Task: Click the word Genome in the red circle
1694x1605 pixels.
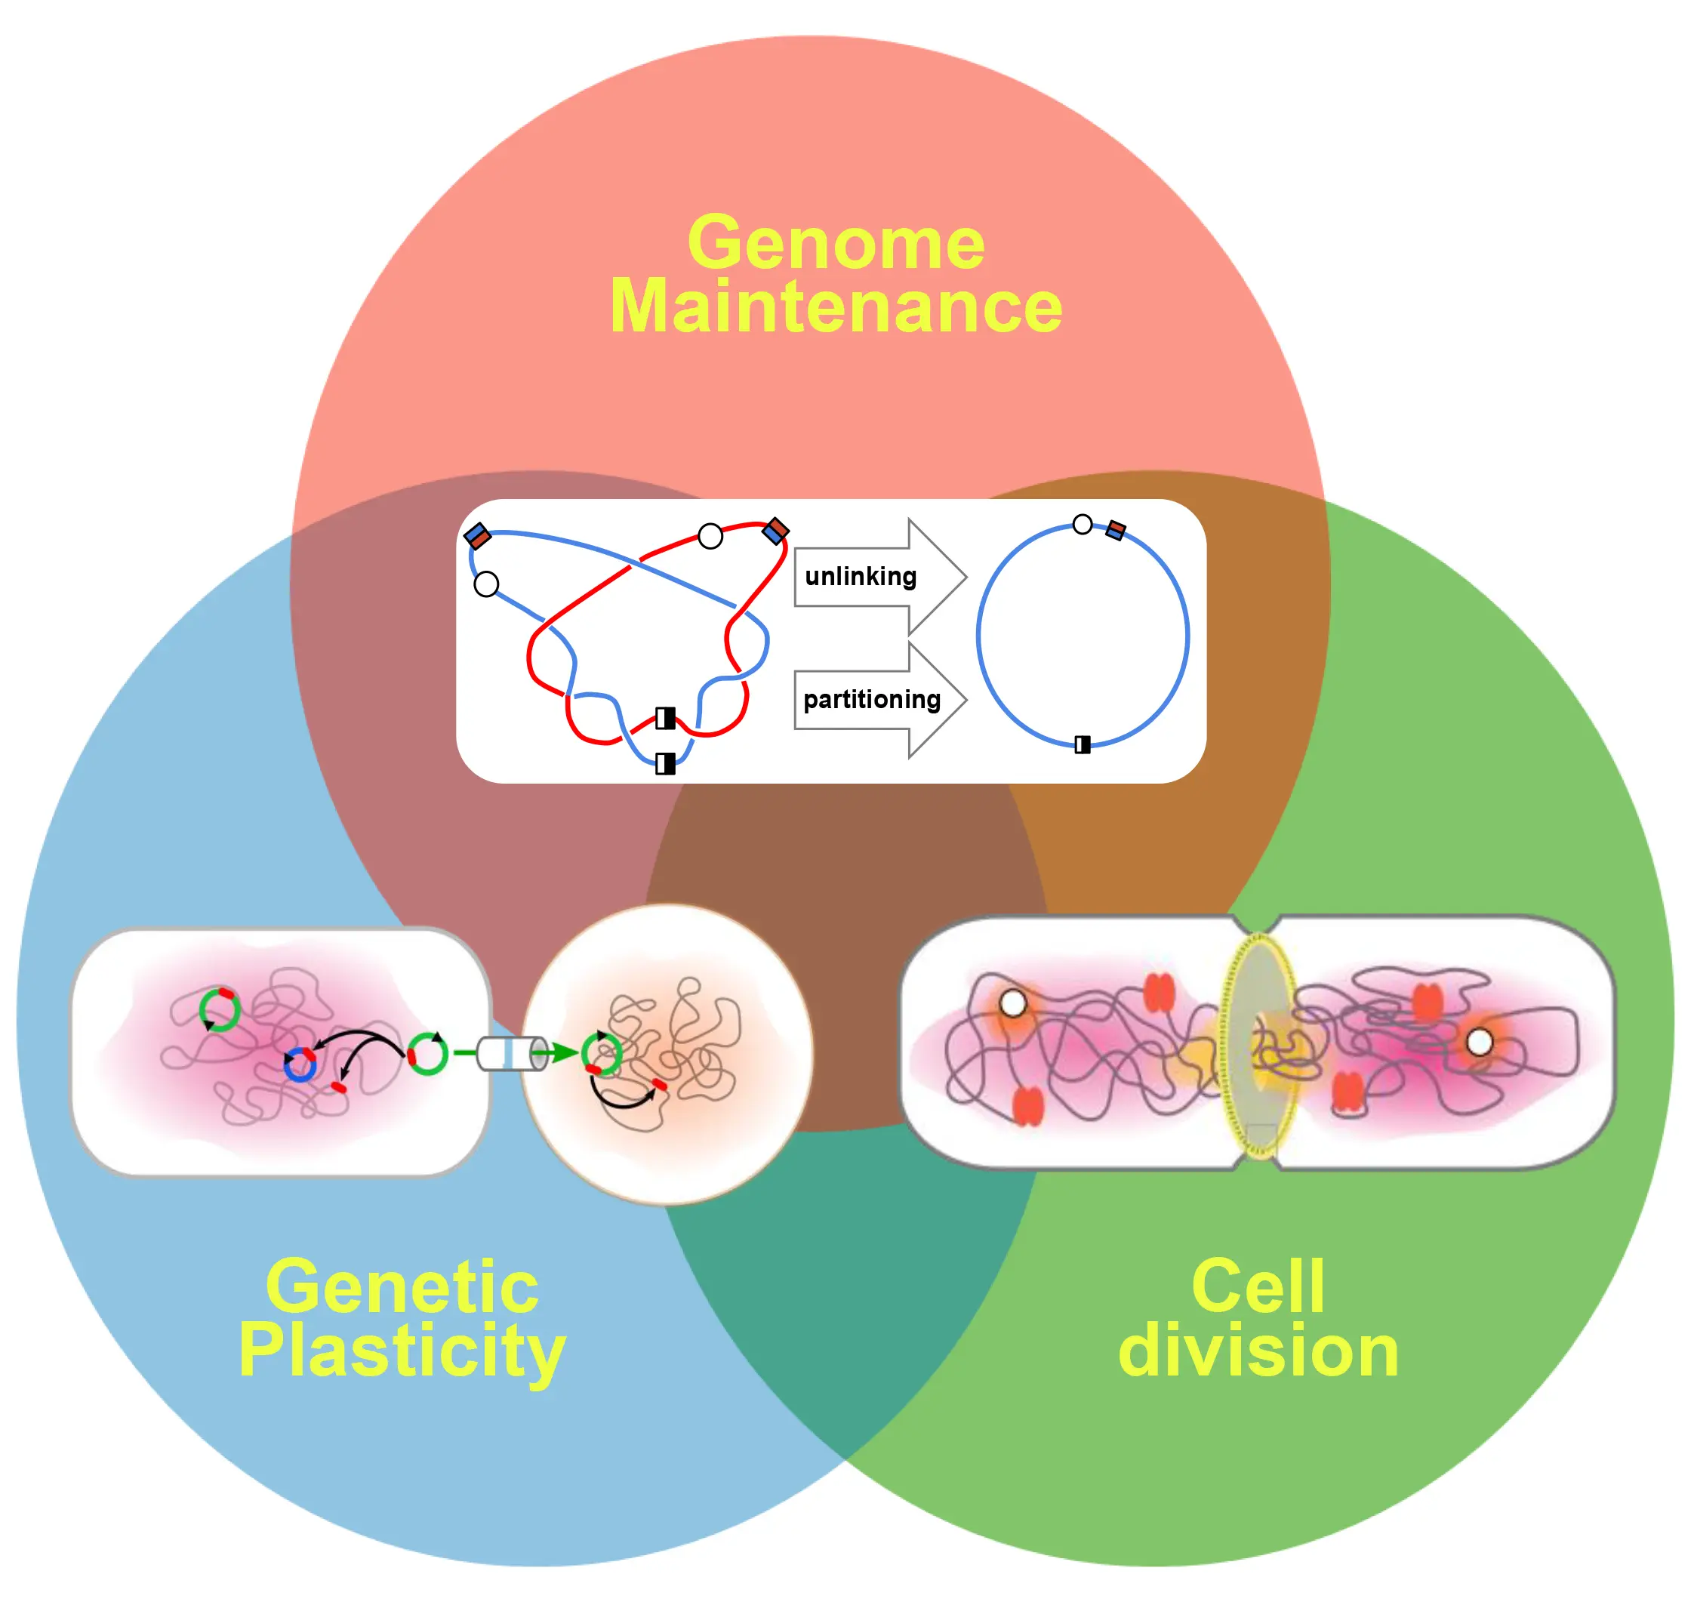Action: click(836, 244)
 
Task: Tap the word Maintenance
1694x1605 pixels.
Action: click(836, 308)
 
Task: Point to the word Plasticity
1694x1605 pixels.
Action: click(402, 1352)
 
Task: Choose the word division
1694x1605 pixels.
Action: click(1258, 1352)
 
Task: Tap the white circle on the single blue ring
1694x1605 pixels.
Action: click(1083, 525)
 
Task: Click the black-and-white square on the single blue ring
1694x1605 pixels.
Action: click(1083, 744)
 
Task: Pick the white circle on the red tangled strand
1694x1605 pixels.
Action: click(710, 537)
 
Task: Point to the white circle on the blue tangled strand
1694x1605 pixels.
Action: click(486, 584)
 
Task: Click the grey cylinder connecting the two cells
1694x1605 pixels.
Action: click(512, 1053)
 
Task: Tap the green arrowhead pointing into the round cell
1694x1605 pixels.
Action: click(564, 1053)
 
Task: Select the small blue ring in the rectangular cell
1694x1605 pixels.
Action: click(300, 1065)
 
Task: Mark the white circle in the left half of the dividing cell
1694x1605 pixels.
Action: click(1013, 1003)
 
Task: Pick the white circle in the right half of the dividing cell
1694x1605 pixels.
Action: click(1480, 1042)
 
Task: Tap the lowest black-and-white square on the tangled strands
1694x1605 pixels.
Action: click(665, 762)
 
